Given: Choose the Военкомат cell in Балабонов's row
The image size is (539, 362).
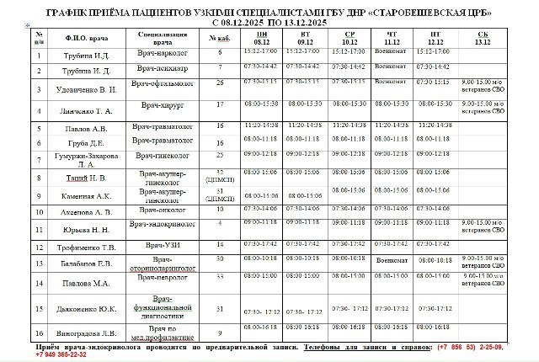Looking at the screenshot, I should pos(393,260).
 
